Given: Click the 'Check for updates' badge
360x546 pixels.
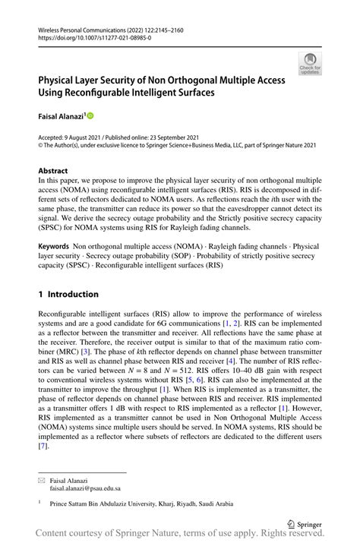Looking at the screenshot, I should (309, 63).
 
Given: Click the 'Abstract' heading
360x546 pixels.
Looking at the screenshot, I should (53, 171).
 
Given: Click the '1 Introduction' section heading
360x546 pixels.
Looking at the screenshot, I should (68, 294).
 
